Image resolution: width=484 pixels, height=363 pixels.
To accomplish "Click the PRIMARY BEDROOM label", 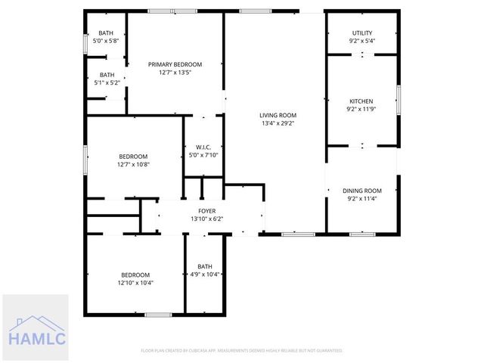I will click(175, 65).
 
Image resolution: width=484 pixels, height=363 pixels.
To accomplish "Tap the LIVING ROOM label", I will click(278, 115).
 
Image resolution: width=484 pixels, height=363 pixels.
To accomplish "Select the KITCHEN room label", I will click(361, 101).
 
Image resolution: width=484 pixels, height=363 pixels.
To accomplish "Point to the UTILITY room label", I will click(361, 33).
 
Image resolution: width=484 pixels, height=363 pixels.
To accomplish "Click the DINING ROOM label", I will click(361, 191).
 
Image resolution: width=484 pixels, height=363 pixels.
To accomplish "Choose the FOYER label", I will click(206, 211).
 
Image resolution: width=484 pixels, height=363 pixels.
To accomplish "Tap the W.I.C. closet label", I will click(203, 147).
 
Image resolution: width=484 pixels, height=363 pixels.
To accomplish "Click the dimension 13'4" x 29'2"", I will click(278, 123).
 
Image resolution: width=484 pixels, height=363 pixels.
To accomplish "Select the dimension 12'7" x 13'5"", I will click(175, 73).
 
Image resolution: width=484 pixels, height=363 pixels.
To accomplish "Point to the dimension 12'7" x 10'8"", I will click(133, 163).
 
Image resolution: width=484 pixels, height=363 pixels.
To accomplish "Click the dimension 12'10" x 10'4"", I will click(135, 283).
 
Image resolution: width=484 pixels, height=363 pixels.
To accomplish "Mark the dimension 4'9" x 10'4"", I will click(205, 274).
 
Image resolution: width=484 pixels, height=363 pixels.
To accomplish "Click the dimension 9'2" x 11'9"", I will click(361, 109).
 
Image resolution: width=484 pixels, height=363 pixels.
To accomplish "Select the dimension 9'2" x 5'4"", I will click(361, 41).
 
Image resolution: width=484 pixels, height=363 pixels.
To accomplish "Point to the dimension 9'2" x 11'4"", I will click(361, 199).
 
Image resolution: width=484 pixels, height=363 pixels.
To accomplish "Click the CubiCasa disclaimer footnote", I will click(242, 351).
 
